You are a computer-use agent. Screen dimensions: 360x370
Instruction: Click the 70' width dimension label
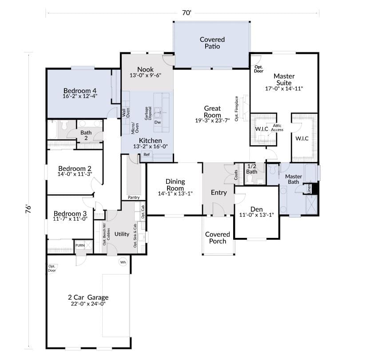pos(187,13)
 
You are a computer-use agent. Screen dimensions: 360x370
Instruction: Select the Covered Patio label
pos(212,43)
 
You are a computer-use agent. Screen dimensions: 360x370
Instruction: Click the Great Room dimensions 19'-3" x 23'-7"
pos(212,121)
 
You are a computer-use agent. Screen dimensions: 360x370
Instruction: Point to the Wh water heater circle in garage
pos(123,262)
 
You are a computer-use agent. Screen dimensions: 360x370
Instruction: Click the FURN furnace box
pos(80,245)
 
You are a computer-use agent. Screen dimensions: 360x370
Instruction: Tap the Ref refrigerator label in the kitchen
pos(146,155)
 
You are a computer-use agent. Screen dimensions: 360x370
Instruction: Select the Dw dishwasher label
pos(157,122)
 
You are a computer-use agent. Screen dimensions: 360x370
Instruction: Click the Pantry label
pos(133,197)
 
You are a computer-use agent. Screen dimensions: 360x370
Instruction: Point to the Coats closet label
pos(235,174)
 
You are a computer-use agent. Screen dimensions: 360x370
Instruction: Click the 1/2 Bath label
pos(251,169)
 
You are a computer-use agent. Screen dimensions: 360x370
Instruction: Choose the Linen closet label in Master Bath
pos(309,189)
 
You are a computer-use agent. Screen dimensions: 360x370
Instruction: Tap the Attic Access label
pos(277,128)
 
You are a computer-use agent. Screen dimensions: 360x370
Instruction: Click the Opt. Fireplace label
pos(237,108)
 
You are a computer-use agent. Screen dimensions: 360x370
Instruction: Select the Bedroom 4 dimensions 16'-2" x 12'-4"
pos(80,95)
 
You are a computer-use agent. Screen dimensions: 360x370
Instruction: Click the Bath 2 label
pos(86,135)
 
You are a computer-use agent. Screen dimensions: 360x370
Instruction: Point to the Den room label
pos(256,209)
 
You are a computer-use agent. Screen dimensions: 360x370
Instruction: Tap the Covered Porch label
pos(218,237)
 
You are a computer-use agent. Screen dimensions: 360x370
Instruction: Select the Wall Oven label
pos(126,113)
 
